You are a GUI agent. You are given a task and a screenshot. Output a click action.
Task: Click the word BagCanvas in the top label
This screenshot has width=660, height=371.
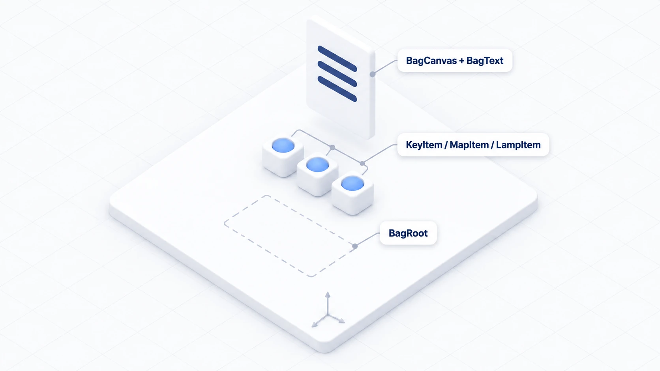(x=431, y=61)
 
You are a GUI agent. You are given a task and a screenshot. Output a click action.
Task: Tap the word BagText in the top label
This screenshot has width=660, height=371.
(x=485, y=61)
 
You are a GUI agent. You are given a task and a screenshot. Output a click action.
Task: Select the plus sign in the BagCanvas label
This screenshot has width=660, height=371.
(x=461, y=61)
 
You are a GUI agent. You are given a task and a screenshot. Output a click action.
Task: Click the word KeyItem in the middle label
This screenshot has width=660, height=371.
(x=424, y=145)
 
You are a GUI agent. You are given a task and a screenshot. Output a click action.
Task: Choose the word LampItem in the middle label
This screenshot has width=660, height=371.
(x=518, y=145)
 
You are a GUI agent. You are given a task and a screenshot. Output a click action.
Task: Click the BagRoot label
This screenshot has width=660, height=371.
(x=408, y=233)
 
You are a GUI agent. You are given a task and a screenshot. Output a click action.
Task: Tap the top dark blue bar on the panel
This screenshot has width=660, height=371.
(x=337, y=59)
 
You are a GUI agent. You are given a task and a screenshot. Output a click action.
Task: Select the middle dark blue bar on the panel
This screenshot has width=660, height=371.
(x=337, y=74)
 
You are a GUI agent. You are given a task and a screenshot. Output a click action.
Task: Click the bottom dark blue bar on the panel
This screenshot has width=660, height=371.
(x=337, y=89)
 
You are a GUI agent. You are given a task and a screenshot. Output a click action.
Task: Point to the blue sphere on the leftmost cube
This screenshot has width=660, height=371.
(x=283, y=145)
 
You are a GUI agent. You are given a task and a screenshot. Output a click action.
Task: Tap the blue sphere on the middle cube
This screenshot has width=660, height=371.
(x=317, y=164)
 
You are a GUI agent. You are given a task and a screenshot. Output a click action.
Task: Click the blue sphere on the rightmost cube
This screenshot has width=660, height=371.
(x=352, y=183)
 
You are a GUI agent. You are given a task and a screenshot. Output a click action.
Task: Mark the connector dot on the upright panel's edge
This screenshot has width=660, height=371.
(x=373, y=74)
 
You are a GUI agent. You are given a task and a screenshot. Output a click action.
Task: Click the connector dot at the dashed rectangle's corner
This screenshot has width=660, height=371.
(x=355, y=246)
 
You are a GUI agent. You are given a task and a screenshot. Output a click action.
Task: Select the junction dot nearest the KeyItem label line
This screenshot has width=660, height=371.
(x=362, y=163)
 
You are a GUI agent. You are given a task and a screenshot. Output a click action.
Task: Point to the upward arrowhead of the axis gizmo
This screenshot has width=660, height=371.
(x=328, y=295)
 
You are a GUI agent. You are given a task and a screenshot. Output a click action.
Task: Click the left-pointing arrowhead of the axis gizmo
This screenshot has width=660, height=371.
(x=315, y=324)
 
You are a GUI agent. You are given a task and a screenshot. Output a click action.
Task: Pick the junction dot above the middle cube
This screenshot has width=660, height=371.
(x=332, y=147)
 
